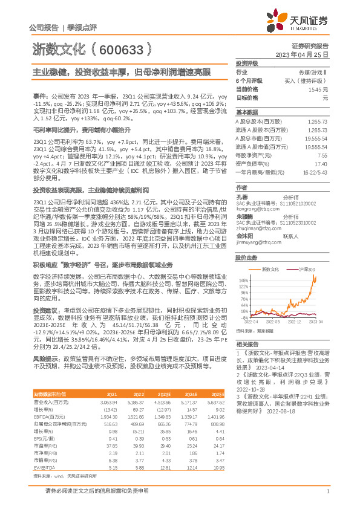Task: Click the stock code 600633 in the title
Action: click(120, 48)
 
